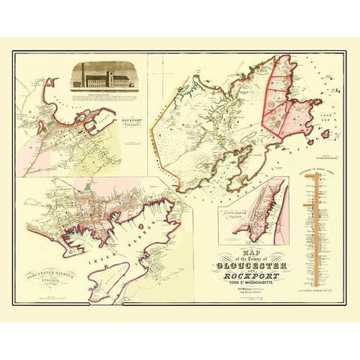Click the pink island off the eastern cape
click(325, 136)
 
